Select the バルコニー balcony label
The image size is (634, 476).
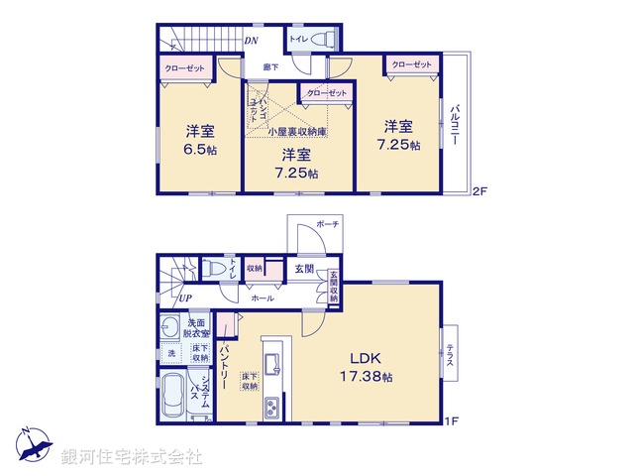(x=455, y=123)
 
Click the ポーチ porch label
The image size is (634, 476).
(x=327, y=226)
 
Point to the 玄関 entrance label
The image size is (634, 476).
(x=303, y=268)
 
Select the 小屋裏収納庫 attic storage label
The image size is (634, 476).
(x=297, y=131)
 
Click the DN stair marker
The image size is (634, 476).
(x=252, y=41)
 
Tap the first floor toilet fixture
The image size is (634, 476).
(x=214, y=269)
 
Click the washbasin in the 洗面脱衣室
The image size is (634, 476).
(x=169, y=327)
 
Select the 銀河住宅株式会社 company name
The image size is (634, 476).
(x=131, y=456)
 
